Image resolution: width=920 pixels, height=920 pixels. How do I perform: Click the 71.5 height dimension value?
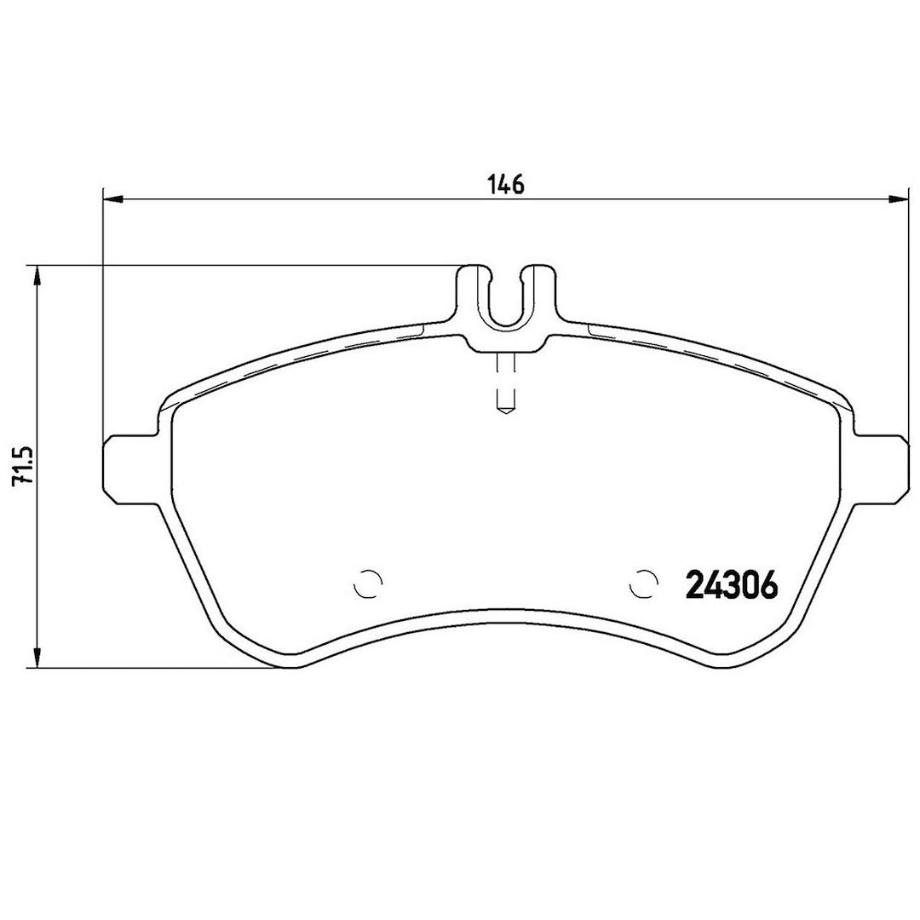tap(22, 465)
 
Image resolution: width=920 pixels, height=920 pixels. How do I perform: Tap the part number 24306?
tap(732, 586)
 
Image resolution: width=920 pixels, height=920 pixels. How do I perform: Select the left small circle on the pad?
tap(368, 584)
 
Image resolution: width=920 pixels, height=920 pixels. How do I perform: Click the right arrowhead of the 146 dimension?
tap(897, 199)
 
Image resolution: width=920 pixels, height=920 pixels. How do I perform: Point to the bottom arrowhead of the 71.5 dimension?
tap(36, 657)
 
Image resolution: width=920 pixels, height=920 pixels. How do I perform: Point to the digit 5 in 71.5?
tap(22, 449)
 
